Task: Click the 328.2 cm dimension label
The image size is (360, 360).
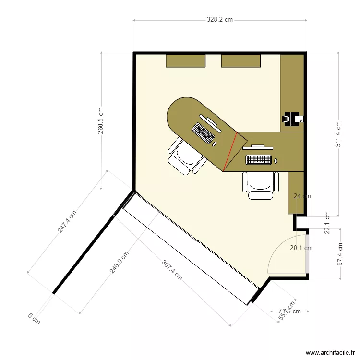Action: pyautogui.click(x=220, y=20)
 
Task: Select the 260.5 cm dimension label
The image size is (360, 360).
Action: pyautogui.click(x=101, y=120)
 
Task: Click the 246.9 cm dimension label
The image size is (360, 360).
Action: pyautogui.click(x=119, y=263)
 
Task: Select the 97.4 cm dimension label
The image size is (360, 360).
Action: pyautogui.click(x=340, y=254)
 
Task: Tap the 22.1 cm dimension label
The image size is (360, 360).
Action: pyautogui.click(x=327, y=222)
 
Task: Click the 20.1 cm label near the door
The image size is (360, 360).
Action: pyautogui.click(x=301, y=248)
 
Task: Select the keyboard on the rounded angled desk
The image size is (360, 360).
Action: pyautogui.click(x=204, y=133)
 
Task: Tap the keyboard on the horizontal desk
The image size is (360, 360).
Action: pyautogui.click(x=259, y=159)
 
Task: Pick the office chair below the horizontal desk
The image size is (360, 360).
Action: pyautogui.click(x=261, y=185)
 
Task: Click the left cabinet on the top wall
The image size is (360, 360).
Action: pyautogui.click(x=186, y=60)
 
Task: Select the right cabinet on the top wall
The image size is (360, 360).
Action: pyautogui.click(x=241, y=60)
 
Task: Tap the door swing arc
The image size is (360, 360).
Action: pyautogui.click(x=275, y=250)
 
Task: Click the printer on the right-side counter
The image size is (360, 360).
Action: pyautogui.click(x=292, y=119)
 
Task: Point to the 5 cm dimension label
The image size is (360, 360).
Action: pyautogui.click(x=34, y=318)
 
